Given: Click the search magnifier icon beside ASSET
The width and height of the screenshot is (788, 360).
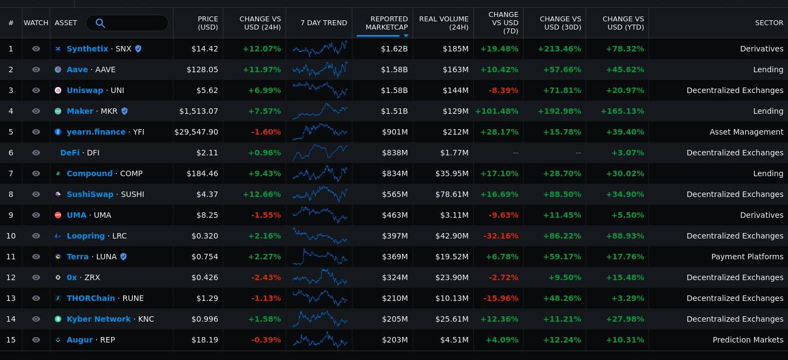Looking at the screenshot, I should pos(100,23).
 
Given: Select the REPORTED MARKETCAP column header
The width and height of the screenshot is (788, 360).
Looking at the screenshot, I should pos(386,23).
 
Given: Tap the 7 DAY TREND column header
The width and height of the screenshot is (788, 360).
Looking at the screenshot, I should pos(323,23).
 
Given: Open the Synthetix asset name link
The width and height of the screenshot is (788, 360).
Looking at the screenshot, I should pos(88,49).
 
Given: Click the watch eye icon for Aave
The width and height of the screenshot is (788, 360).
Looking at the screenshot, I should pos(36,69).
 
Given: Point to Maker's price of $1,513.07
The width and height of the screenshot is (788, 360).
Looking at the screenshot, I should pos(199,111).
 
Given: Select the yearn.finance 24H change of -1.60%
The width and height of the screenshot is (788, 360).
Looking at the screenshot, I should pos(266,132).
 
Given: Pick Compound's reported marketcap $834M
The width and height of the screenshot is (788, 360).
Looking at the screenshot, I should pos(395,173).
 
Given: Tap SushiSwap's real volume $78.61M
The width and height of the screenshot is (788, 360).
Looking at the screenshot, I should pos(452,194).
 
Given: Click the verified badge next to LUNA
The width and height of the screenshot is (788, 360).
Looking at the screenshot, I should pos(123,257).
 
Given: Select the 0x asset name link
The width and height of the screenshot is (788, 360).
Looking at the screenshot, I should pos(72,277).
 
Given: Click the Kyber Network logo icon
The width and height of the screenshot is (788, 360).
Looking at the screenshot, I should pos(58,319).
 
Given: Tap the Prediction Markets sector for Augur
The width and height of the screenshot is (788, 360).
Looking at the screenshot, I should pos(748,340).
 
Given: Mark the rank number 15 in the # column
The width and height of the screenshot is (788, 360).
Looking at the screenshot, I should pos(11,340).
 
